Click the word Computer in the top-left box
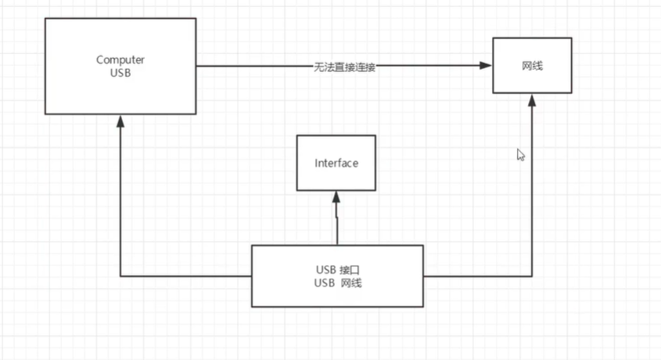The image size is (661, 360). click(x=120, y=59)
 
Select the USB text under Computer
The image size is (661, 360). click(x=120, y=73)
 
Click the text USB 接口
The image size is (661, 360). click(x=336, y=269)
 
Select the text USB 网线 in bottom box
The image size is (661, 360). click(x=336, y=283)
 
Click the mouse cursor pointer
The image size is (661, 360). click(x=520, y=154)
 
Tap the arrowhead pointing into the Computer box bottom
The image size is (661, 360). click(x=120, y=120)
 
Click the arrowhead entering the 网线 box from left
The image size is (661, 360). click(x=487, y=67)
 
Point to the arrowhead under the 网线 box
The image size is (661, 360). click(x=532, y=99)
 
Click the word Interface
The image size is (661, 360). click(x=336, y=164)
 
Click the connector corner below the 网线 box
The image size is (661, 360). click(x=532, y=275)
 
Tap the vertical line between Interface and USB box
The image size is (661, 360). click(x=337, y=223)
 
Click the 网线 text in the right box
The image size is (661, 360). click(x=532, y=67)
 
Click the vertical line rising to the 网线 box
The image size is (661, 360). click(x=532, y=188)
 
